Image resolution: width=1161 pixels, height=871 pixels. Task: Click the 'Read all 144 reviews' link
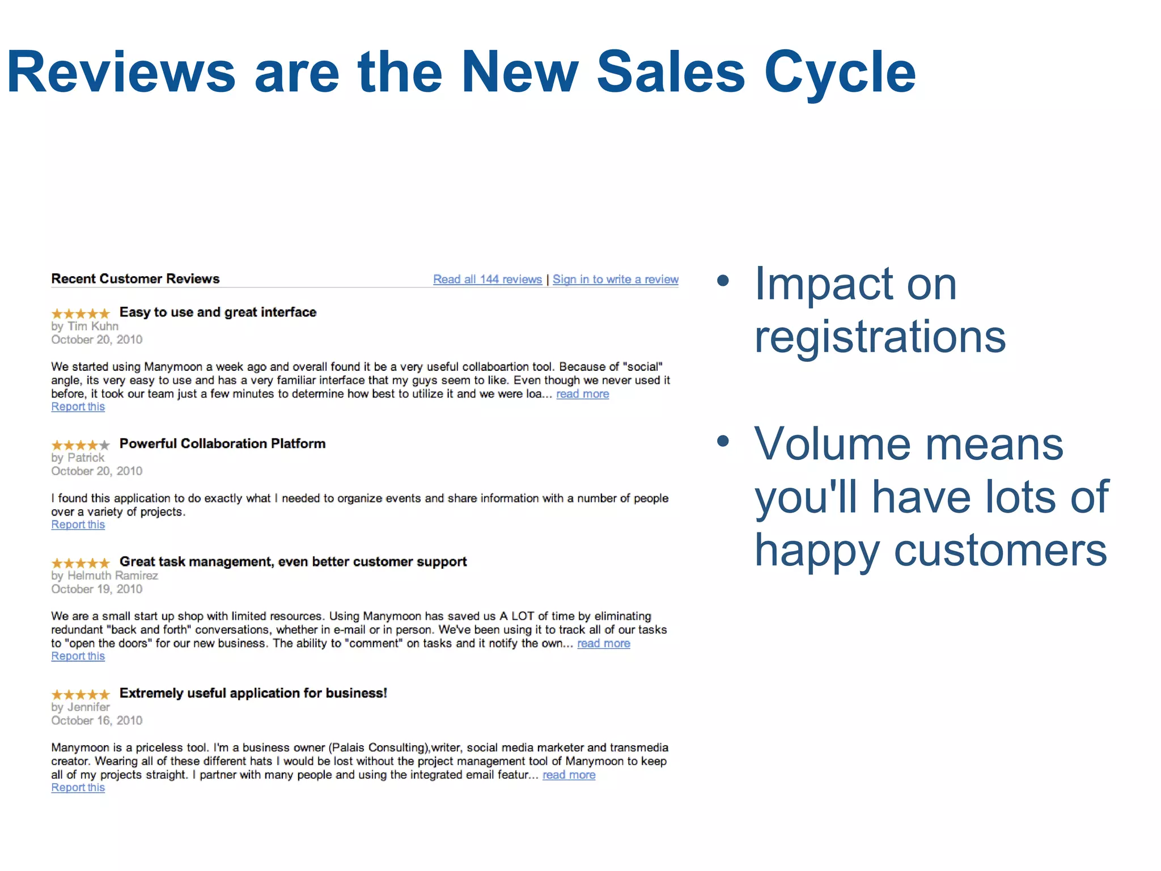[x=487, y=279]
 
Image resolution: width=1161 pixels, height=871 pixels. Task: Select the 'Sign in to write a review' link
[x=615, y=279]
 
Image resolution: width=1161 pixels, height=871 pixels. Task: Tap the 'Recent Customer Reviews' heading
[x=135, y=278]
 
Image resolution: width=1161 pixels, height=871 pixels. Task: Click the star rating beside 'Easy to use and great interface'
[x=80, y=313]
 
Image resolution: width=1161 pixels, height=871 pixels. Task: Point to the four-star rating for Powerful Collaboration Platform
[x=80, y=445]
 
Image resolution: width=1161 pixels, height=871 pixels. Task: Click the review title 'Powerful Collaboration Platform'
[x=222, y=443]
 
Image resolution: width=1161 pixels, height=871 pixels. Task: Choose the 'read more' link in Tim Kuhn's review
[x=582, y=394]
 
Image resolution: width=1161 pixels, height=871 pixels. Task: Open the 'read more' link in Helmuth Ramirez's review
[x=603, y=643]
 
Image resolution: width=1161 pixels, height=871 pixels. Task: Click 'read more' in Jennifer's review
[x=569, y=775]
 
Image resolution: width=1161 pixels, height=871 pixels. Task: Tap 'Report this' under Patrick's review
[x=78, y=525]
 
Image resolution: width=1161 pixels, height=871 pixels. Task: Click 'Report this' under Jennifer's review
[x=78, y=788]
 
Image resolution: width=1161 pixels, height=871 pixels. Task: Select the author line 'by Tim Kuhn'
[x=84, y=326]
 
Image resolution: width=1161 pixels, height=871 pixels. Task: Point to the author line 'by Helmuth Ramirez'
[x=104, y=576]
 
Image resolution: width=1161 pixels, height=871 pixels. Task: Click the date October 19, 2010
[x=96, y=589]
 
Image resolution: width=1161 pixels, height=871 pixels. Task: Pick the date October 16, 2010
[x=96, y=721]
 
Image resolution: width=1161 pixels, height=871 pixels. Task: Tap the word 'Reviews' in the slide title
[x=121, y=72]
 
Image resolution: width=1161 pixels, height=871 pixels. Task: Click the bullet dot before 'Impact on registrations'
[x=723, y=280]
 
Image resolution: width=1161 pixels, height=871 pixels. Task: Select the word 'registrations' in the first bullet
[x=880, y=337]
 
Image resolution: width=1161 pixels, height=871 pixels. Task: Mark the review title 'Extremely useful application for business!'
[x=253, y=693]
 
